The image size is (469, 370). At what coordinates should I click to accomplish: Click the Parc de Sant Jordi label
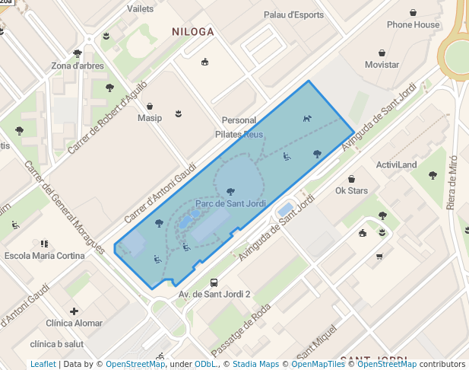(230, 203)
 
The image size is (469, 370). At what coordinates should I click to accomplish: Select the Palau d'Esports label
(294, 14)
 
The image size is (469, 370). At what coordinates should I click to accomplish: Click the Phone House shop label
(413, 24)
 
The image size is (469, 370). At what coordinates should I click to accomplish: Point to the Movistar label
(382, 65)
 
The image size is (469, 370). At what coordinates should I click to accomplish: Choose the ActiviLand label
(396, 164)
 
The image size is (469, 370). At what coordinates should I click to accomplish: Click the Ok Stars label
(351, 190)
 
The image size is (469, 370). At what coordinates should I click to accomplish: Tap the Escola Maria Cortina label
(44, 256)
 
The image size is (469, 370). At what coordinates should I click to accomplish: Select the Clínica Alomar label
(74, 323)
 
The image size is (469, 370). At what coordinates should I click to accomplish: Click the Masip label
(150, 118)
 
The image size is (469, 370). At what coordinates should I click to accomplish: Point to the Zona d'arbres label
(78, 65)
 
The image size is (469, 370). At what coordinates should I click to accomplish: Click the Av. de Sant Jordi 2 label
(214, 294)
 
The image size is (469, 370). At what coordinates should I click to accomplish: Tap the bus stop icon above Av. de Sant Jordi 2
(214, 282)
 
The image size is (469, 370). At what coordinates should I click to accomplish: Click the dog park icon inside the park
(307, 118)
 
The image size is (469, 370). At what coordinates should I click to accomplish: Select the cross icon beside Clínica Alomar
(74, 311)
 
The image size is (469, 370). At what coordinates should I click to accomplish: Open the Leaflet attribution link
(43, 364)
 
